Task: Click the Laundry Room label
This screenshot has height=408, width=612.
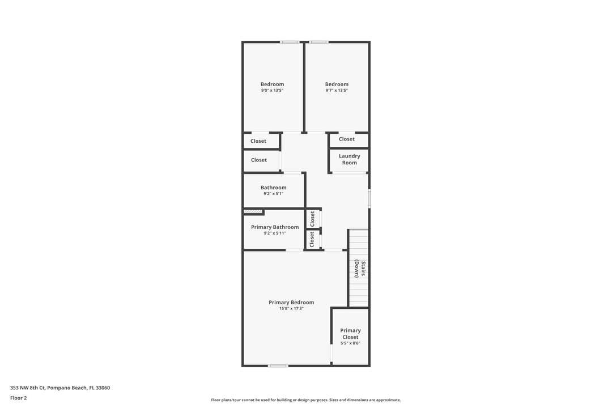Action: [x=349, y=159]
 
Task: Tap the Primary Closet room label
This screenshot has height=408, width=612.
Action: [x=350, y=334]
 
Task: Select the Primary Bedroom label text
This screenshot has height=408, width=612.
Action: [x=291, y=303]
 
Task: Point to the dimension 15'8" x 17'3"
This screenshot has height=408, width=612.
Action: [x=291, y=309]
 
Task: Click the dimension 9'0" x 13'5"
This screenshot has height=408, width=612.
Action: [x=272, y=91]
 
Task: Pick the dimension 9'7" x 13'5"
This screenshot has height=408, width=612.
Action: [x=337, y=91]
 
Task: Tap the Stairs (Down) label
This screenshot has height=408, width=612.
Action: [x=359, y=269]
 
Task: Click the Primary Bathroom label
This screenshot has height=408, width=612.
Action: [x=275, y=227]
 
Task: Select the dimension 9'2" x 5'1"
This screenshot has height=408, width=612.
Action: [x=273, y=194]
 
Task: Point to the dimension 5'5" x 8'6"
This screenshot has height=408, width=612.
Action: [x=350, y=343]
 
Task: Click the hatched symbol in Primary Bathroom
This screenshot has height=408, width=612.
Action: [x=253, y=212]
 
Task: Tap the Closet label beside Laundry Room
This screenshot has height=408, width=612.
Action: [x=347, y=139]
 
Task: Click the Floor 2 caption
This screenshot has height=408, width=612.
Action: [x=18, y=398]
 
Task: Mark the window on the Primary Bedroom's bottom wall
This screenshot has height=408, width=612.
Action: [x=278, y=365]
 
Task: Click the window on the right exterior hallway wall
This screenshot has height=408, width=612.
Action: [x=369, y=198]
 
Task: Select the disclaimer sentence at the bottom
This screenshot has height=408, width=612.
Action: [x=306, y=400]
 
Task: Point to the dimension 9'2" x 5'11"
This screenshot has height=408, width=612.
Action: [x=275, y=233]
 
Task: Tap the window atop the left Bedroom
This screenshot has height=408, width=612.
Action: [x=290, y=42]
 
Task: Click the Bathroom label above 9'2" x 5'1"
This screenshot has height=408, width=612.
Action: [x=273, y=188]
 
